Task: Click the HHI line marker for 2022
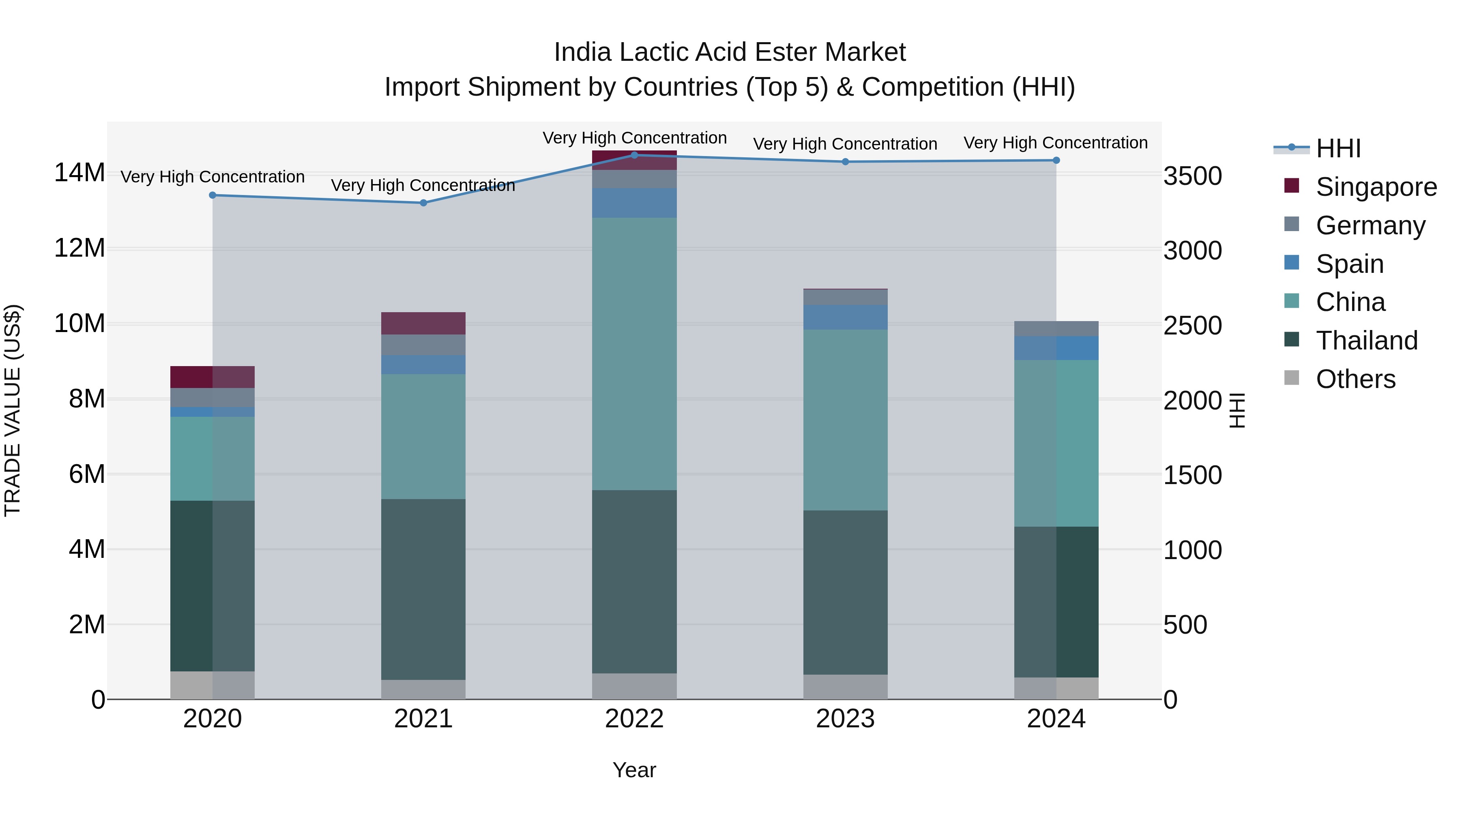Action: (634, 155)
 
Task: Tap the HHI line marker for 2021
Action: (423, 203)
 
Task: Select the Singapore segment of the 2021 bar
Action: (423, 323)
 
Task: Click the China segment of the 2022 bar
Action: (634, 354)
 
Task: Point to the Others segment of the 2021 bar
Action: (423, 690)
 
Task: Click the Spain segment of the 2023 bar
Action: (845, 317)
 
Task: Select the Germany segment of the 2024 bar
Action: (1056, 329)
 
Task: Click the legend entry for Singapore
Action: (1376, 187)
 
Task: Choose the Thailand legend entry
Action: (1366, 341)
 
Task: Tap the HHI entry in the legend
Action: (1338, 148)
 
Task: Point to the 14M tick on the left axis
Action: (79, 173)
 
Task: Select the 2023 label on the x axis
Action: (845, 719)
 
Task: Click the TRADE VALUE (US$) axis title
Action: (13, 410)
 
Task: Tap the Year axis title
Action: (634, 770)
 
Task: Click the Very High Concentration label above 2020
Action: (213, 177)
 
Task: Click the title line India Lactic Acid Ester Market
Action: (730, 52)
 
